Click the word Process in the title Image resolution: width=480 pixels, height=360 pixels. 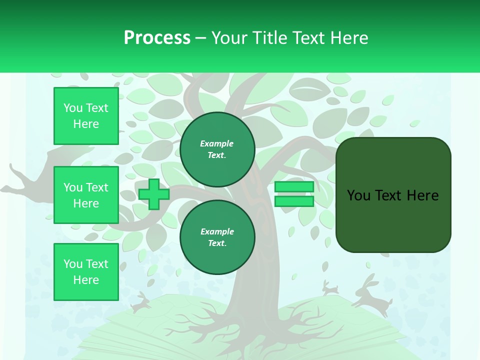pyautogui.click(x=157, y=38)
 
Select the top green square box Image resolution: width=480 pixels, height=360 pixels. pyautogui.click(x=86, y=116)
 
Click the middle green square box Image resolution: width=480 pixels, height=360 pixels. pyautogui.click(x=86, y=195)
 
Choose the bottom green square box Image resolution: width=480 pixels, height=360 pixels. pyautogui.click(x=86, y=272)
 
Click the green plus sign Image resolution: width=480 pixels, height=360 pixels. pyautogui.click(x=154, y=194)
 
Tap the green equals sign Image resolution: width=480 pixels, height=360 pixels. pyautogui.click(x=294, y=194)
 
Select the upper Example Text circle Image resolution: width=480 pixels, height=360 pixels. pyautogui.click(x=217, y=149)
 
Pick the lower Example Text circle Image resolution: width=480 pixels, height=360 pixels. pyautogui.click(x=217, y=237)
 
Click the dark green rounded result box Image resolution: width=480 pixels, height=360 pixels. pyautogui.click(x=393, y=195)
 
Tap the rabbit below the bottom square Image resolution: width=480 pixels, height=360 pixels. pyautogui.click(x=141, y=302)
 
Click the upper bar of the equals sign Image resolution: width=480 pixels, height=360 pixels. pyautogui.click(x=294, y=186)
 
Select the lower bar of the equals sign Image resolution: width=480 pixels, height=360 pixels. pyautogui.click(x=294, y=201)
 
